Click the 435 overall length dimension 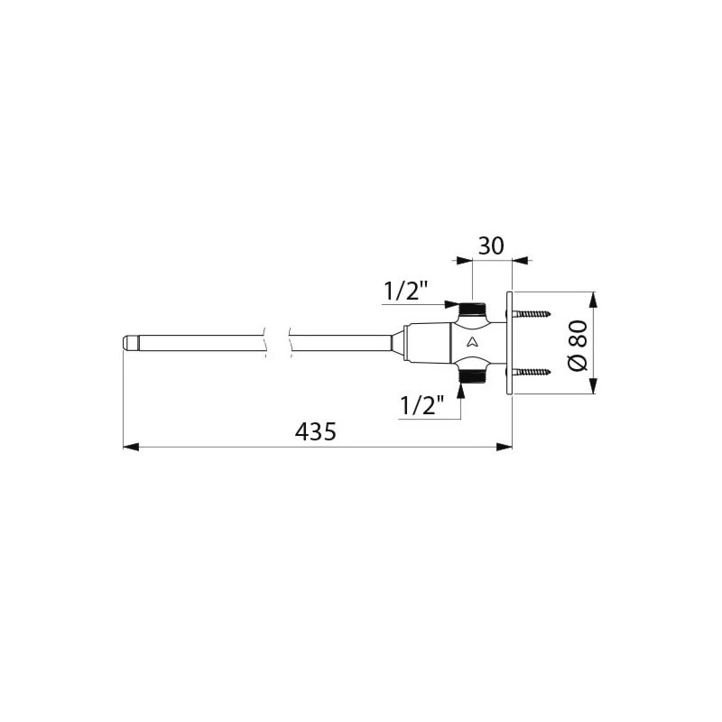pyautogui.click(x=315, y=432)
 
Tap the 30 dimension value pyautogui.click(x=491, y=245)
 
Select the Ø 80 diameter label pyautogui.click(x=579, y=343)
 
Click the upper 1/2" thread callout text pyautogui.click(x=406, y=291)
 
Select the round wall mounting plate pyautogui.click(x=510, y=343)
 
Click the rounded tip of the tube pyautogui.click(x=127, y=343)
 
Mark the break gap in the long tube pyautogui.click(x=277, y=343)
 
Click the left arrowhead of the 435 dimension pyautogui.click(x=129, y=446)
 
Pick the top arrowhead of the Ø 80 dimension pyautogui.click(x=593, y=299)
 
